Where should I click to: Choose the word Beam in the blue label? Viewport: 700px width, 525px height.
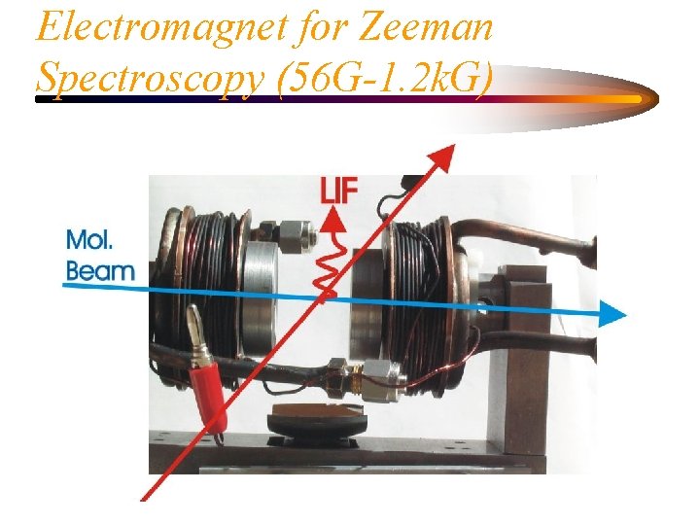[99, 269]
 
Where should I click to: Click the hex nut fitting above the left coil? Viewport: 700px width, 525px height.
[297, 232]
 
